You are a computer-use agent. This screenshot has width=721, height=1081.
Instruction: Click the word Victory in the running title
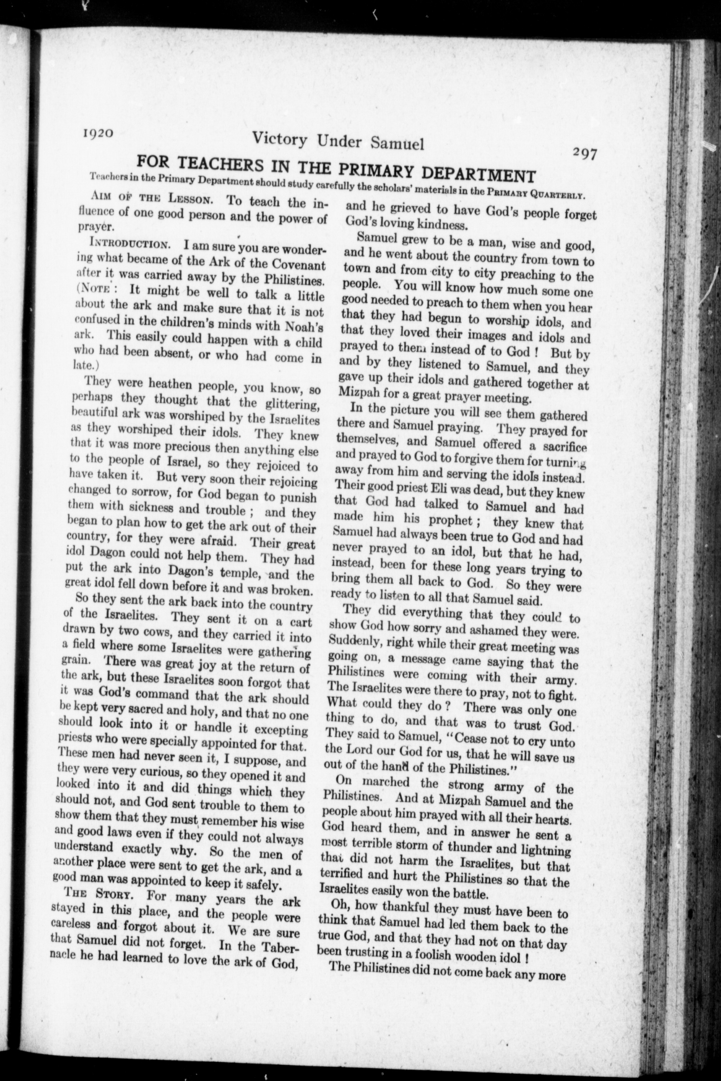click(x=280, y=139)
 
